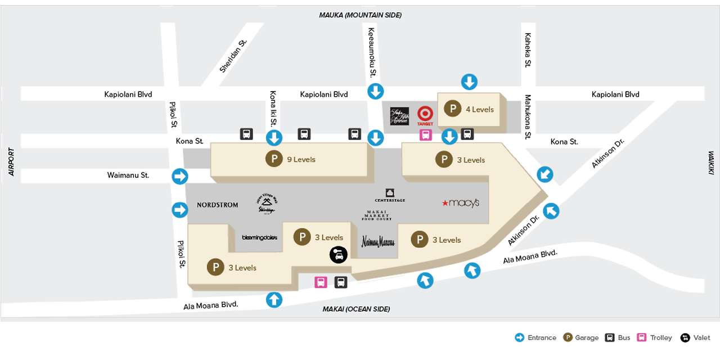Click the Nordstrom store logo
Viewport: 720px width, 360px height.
coord(217,205)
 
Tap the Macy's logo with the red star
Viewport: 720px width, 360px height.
coord(461,203)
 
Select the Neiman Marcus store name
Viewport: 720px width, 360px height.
coord(377,242)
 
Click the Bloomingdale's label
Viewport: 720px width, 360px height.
coord(259,237)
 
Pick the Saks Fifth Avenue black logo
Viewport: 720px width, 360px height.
coord(399,116)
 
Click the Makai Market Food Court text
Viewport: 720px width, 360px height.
coord(377,215)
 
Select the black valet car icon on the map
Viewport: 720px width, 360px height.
coord(338,255)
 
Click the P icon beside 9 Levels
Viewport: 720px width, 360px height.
coord(274,159)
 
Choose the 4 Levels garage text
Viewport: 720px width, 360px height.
coord(480,109)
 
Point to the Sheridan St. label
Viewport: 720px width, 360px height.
coord(233,56)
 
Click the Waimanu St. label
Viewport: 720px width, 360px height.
coord(128,175)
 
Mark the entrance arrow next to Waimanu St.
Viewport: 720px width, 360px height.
coord(179,177)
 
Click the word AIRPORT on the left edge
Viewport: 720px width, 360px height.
coord(11,162)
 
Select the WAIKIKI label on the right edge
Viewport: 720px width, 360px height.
coord(710,163)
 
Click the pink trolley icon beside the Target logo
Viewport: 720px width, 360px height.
coord(426,135)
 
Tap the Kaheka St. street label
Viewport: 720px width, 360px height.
coord(528,50)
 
